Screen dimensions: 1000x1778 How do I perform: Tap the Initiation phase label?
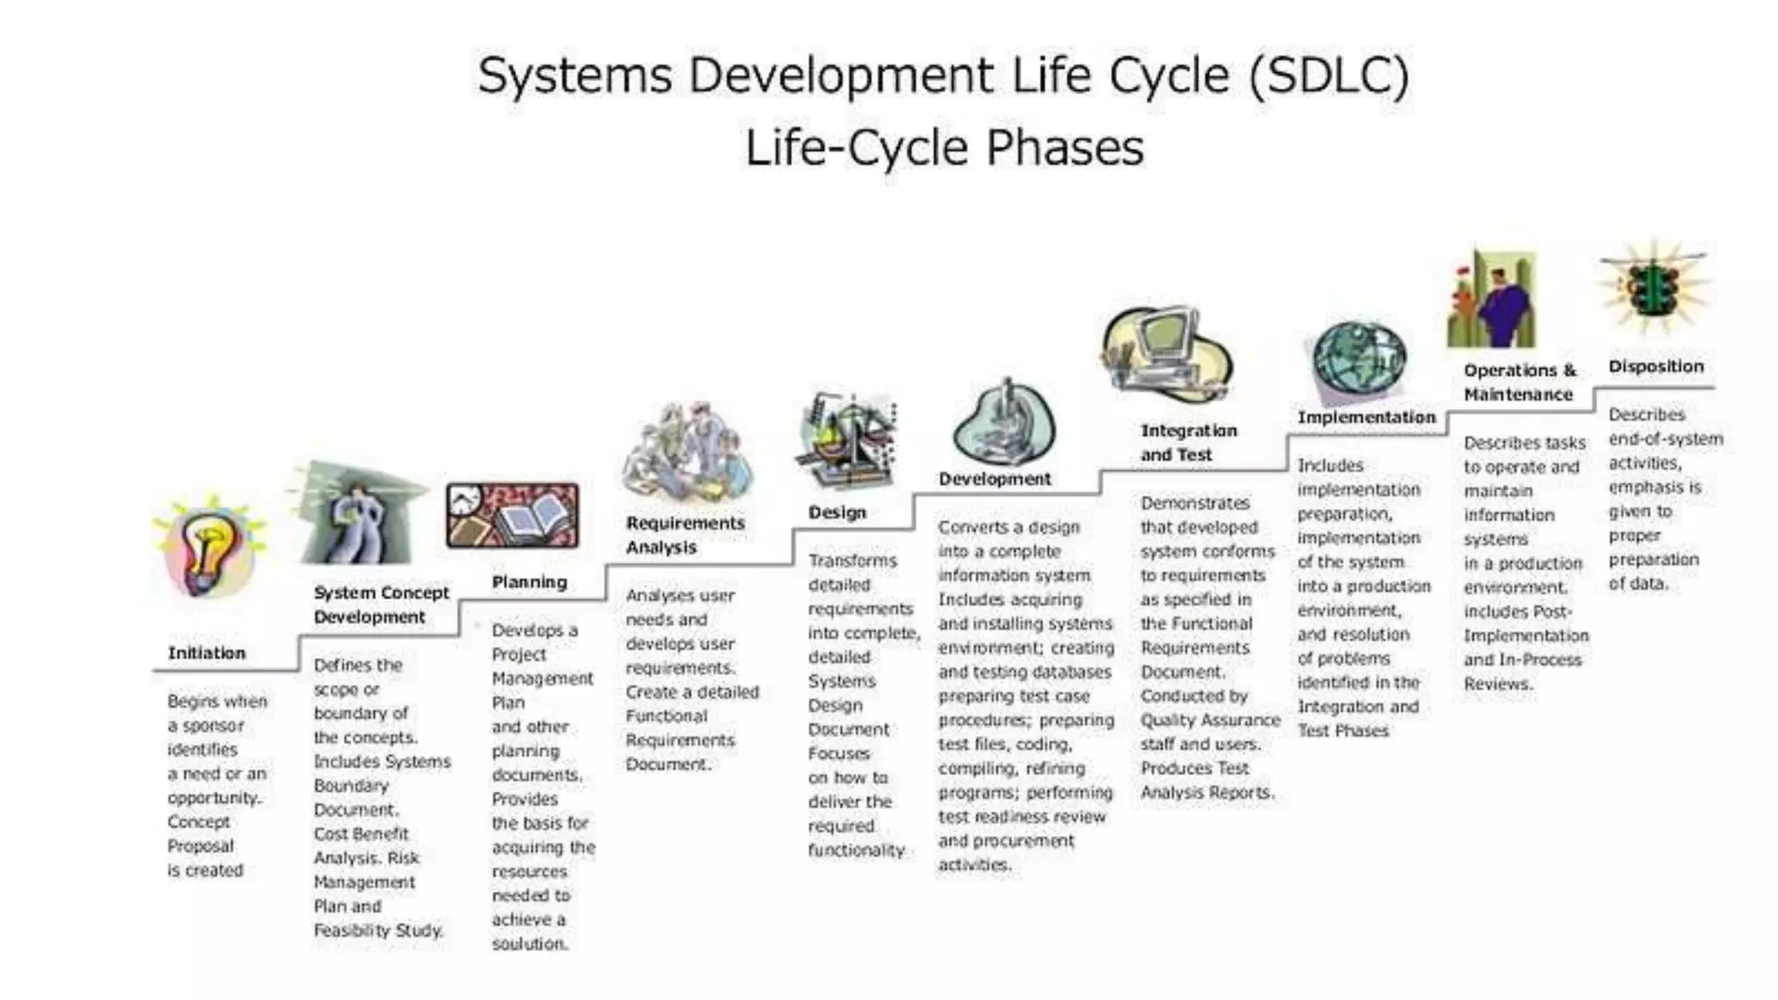coord(207,653)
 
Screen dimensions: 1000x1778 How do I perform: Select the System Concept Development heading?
coord(381,604)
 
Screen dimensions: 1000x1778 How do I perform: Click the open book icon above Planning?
coord(512,516)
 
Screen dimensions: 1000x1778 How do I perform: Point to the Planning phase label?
coord(529,582)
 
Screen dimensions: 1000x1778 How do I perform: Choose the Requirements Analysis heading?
coord(685,535)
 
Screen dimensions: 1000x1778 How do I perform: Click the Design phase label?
coord(837,512)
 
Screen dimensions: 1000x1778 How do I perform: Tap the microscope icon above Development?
coord(1004,425)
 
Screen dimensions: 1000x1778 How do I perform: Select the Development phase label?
coord(994,478)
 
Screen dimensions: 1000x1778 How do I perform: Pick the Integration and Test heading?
coord(1188,442)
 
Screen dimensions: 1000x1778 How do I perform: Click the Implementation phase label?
coord(1366,417)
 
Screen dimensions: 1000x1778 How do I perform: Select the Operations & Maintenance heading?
coord(1519,382)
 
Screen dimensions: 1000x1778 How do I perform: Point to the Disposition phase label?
coord(1656,366)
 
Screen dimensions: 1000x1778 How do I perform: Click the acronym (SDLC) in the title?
coord(1328,75)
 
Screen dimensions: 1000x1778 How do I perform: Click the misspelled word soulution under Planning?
coord(530,944)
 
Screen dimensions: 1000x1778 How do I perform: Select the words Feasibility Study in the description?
coord(379,931)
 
